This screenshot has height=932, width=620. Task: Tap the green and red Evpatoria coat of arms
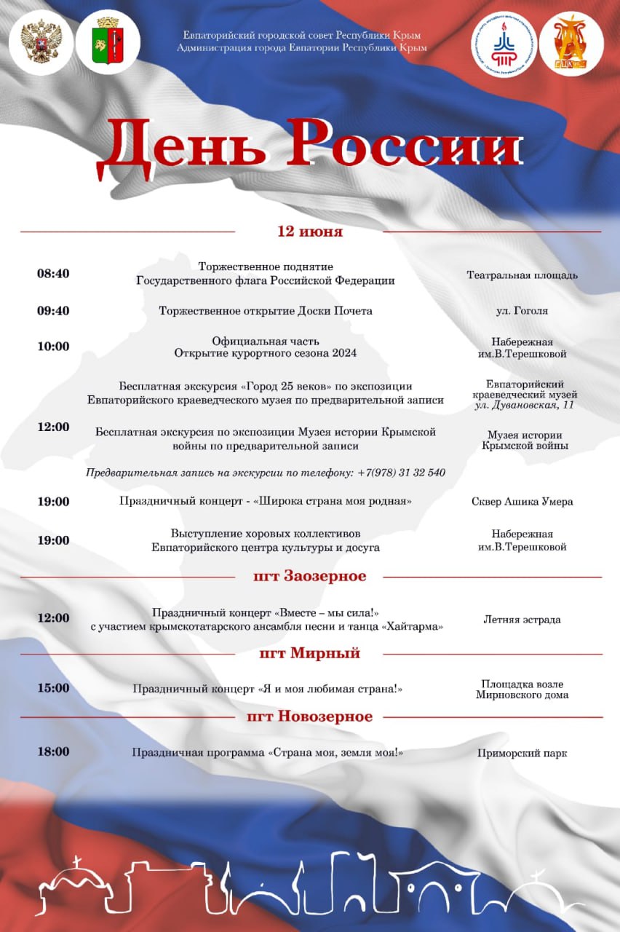pyautogui.click(x=108, y=42)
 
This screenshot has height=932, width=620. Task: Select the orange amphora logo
pyautogui.click(x=571, y=44)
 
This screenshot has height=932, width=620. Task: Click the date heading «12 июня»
pyautogui.click(x=310, y=232)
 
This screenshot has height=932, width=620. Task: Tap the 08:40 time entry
pyautogui.click(x=53, y=274)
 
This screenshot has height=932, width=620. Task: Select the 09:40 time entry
pyautogui.click(x=53, y=311)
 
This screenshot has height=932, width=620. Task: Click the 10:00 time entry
pyautogui.click(x=53, y=347)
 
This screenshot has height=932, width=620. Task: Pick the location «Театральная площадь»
pyautogui.click(x=522, y=275)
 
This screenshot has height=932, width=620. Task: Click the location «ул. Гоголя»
pyautogui.click(x=522, y=311)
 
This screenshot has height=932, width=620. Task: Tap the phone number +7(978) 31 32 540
pyautogui.click(x=401, y=473)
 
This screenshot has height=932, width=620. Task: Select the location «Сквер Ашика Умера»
pyautogui.click(x=522, y=502)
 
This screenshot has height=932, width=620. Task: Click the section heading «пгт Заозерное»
pyautogui.click(x=310, y=577)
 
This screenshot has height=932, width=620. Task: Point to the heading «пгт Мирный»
pyautogui.click(x=310, y=653)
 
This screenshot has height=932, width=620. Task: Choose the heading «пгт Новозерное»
pyautogui.click(x=310, y=716)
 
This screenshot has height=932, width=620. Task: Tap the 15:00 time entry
pyautogui.click(x=53, y=688)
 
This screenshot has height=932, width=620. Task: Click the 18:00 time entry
pyautogui.click(x=53, y=751)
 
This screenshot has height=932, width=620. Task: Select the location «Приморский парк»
pyautogui.click(x=522, y=754)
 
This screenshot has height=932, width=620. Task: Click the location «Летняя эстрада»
pyautogui.click(x=522, y=620)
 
